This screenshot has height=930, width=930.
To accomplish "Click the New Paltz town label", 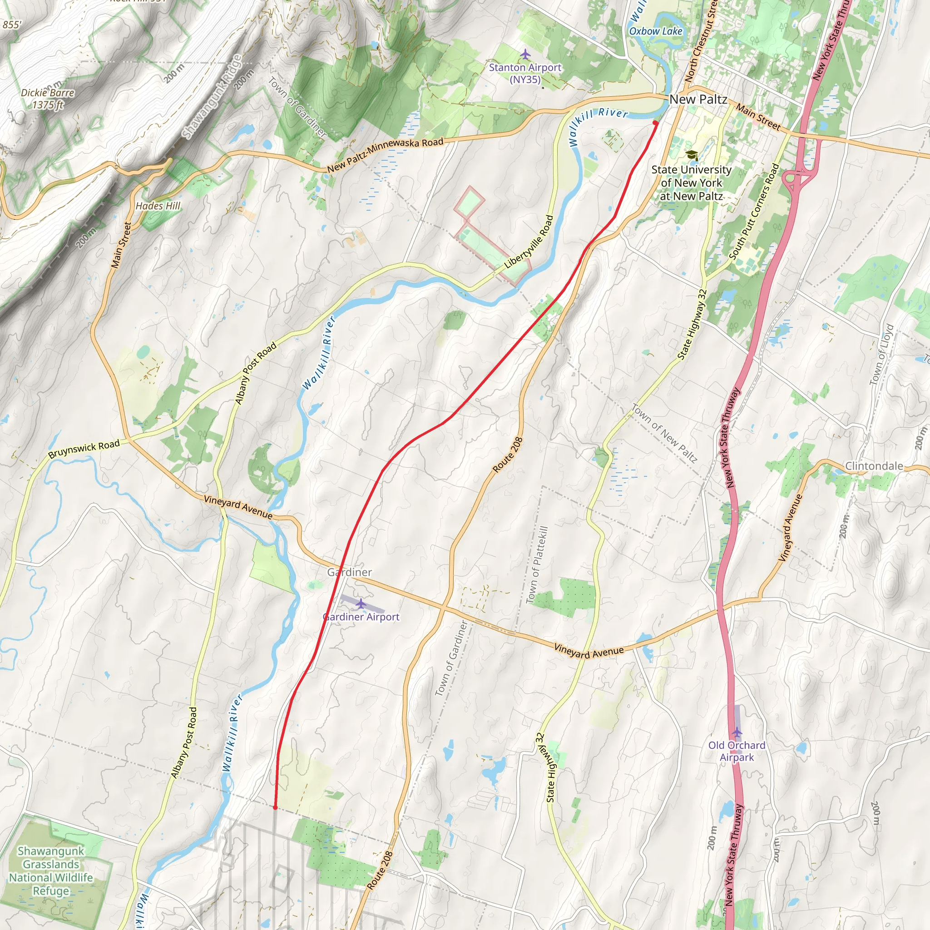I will coord(698,99).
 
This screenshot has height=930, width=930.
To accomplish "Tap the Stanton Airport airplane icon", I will coord(525,54).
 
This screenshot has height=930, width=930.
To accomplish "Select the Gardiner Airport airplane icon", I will coord(361,604).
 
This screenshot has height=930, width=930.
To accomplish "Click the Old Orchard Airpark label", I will coord(737,751).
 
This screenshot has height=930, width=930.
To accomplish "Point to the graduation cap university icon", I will coord(692,155).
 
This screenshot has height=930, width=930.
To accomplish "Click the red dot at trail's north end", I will coord(655,123).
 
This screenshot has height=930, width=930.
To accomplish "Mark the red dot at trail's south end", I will coord(275,807).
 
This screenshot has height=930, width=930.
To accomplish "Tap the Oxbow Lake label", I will coord(656,31).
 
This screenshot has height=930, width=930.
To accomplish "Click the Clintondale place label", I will coord(874,466).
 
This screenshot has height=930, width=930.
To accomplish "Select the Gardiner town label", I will coord(350,572).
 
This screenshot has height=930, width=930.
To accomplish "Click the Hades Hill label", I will coord(158,206).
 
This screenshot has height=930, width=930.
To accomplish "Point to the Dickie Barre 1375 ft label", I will coord(48,99).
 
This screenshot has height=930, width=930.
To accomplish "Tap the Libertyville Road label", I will coord(529,242).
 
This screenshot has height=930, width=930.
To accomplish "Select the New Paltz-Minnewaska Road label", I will coord(385,155).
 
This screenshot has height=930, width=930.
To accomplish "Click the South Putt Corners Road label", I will coord(754,212).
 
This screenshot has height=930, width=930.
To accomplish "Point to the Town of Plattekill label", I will coord(538,564).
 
